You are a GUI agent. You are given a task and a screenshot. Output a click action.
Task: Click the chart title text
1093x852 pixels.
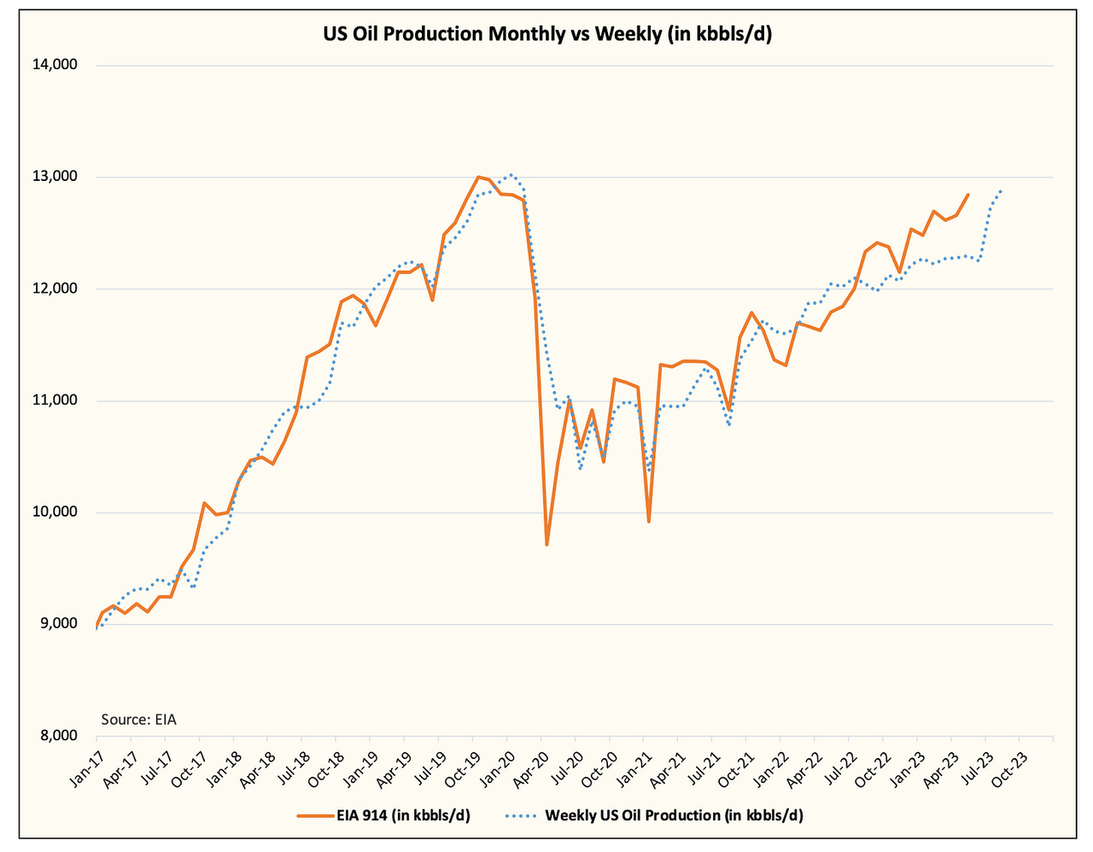(546, 34)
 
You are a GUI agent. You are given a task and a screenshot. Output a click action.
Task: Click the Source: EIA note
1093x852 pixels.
(138, 720)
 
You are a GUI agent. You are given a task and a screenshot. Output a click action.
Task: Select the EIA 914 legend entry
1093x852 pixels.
(384, 815)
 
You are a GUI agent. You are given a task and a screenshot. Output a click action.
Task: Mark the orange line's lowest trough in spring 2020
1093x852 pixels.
(546, 545)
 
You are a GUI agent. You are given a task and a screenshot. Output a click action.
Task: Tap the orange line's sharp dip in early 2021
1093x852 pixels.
(649, 522)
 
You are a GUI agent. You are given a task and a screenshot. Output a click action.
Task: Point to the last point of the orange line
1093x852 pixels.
(967, 195)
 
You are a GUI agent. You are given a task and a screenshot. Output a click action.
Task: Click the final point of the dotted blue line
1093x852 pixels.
(1001, 190)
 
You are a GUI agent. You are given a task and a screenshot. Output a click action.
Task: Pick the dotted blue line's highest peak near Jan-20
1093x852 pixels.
(511, 175)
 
